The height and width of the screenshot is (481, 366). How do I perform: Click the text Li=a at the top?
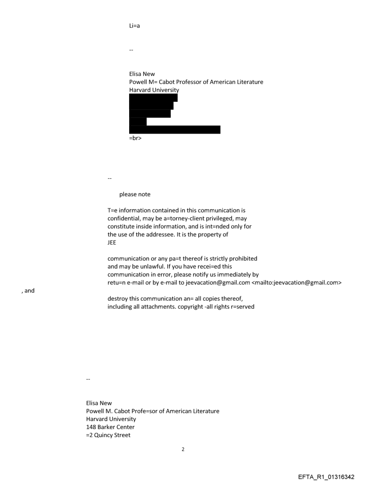coord(135,26)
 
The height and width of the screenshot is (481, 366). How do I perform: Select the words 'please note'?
coord(135,195)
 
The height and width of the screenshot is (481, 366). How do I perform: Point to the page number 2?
coord(183,449)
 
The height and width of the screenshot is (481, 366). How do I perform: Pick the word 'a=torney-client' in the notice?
coord(170,218)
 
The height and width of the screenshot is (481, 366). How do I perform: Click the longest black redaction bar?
coord(174,130)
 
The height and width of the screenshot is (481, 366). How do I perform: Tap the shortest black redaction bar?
coord(138,121)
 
